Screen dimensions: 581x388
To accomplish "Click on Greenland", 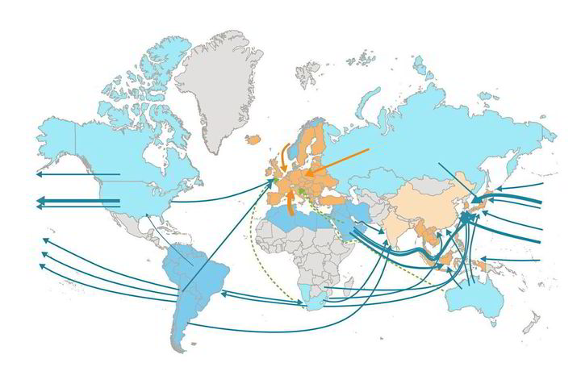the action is click(214, 89).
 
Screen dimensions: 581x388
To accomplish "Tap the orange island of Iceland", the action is click(253, 140).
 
